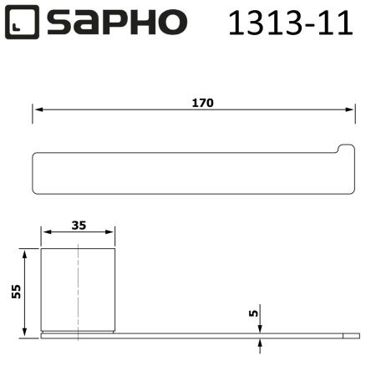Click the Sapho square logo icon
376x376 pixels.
pos(23,23)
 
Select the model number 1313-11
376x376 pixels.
pos(291,23)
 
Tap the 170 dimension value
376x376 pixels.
pos(202,103)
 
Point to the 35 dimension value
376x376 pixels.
pos(79,225)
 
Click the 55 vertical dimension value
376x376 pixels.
pos(16,291)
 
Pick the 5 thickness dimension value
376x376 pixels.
pos(253,314)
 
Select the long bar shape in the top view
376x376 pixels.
pos(184,173)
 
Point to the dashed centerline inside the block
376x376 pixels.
pos(79,288)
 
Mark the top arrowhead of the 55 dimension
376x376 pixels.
pos(26,252)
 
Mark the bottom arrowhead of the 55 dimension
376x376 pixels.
pos(26,329)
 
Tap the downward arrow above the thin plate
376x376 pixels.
pos(261,328)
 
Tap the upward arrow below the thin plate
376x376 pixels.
pos(261,342)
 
